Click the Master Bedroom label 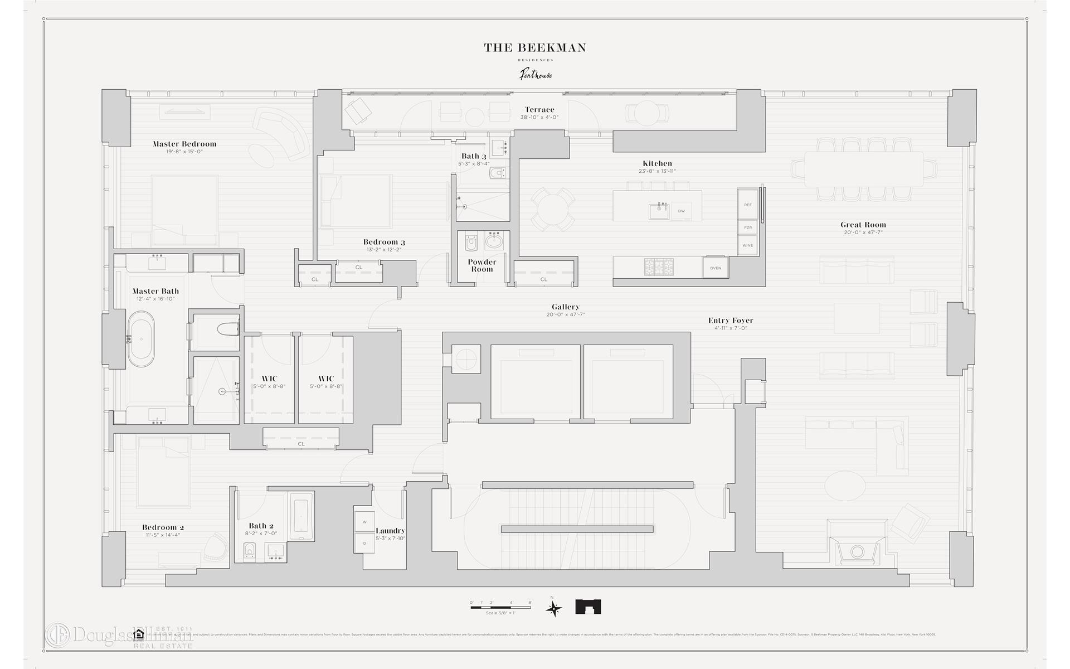pos(184,144)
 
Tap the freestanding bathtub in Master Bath pos(141,339)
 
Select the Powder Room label pos(482,265)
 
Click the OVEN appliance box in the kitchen pos(716,268)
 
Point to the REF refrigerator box pos(747,205)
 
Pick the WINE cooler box pos(747,245)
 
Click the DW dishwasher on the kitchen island pos(681,211)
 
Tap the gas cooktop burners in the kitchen pos(659,266)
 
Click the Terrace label pos(539,110)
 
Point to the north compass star pos(553,608)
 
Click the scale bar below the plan pos(501,607)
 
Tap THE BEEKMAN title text pos(534,48)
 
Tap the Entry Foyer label pos(731,321)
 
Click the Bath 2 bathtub pos(301,516)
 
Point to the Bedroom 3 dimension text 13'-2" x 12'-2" pos(384,250)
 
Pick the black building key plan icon pos(588,607)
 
